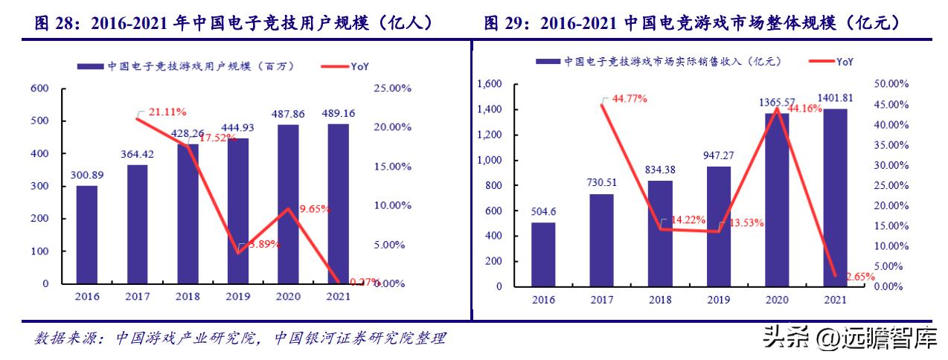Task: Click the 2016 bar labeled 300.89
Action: coord(86,234)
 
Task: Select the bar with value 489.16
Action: coord(339,203)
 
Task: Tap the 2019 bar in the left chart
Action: coord(238,210)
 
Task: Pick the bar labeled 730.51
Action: coord(601,240)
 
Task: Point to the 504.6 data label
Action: coord(542,210)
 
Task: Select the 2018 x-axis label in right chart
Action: coord(660,299)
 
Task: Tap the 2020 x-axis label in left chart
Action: coord(288,296)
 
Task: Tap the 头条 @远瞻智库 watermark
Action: coord(848,338)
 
